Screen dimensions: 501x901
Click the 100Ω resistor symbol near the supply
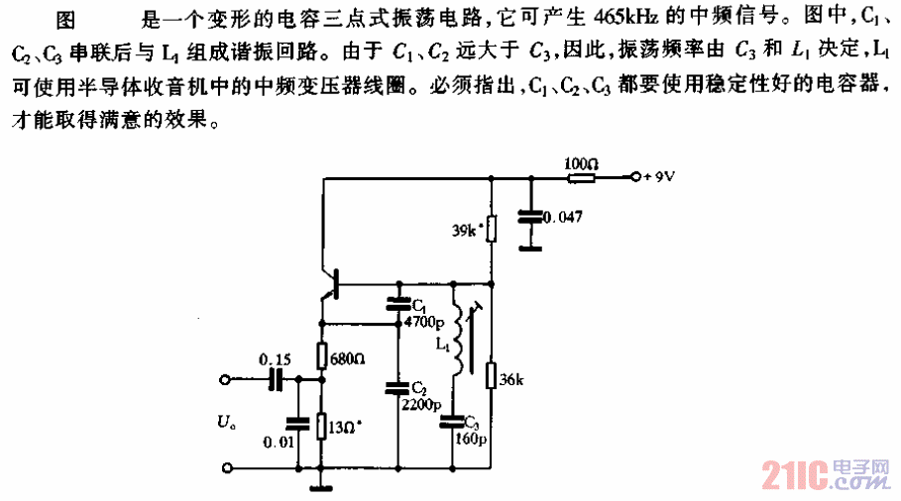point(580,178)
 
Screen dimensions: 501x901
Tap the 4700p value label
point(425,321)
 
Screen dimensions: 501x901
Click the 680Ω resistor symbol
point(321,354)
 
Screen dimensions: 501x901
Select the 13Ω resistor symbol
point(321,426)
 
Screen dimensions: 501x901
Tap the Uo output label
point(225,425)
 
